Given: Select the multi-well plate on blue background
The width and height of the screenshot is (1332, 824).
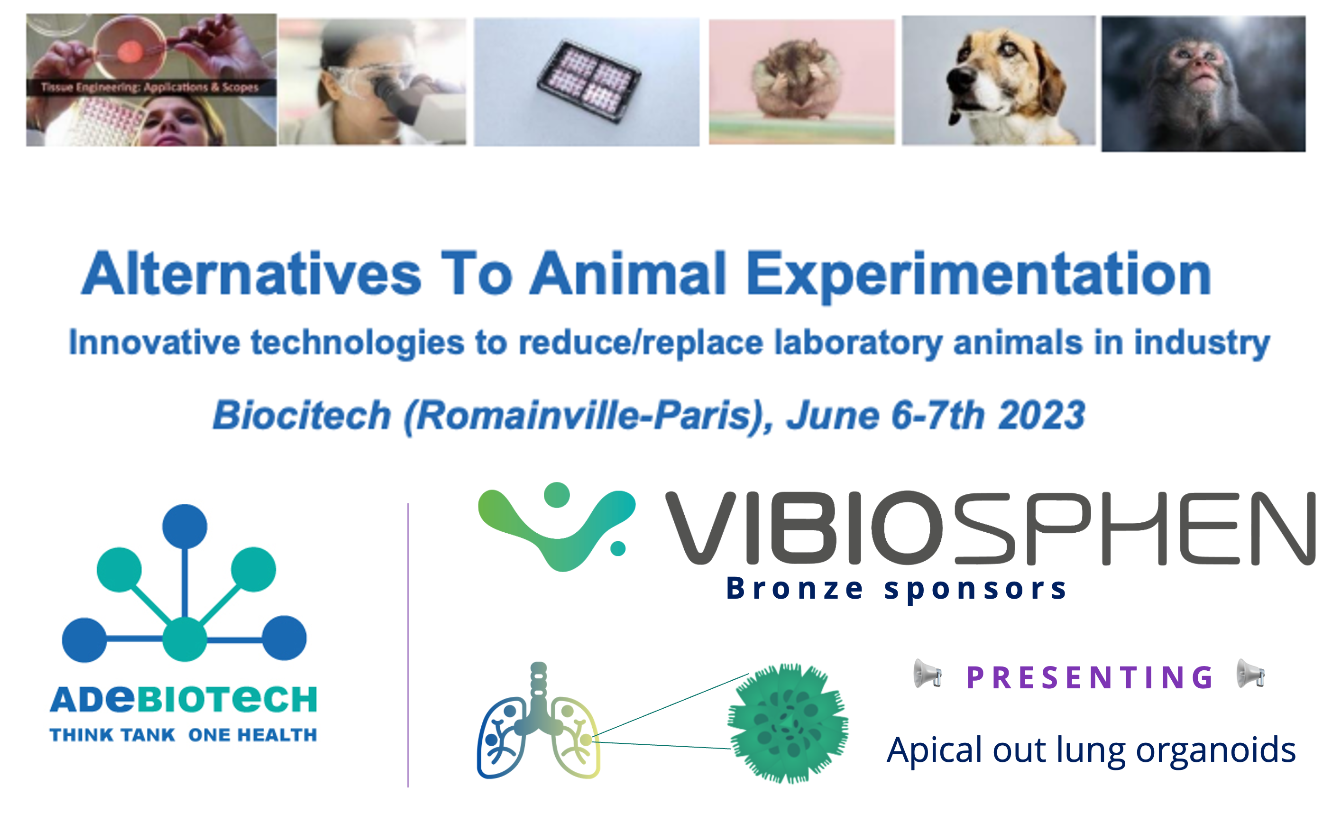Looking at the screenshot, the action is (x=588, y=81).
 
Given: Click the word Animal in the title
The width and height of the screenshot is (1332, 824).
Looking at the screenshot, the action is (x=628, y=274).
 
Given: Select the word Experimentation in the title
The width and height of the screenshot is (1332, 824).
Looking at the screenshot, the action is (x=978, y=276).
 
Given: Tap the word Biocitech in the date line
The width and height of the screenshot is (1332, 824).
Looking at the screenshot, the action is (x=302, y=415).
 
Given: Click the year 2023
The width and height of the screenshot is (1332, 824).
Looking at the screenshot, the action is (x=1042, y=415).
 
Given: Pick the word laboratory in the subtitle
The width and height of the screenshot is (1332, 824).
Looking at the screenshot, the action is (x=859, y=343).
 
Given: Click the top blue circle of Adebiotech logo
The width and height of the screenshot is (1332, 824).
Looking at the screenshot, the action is (x=184, y=527).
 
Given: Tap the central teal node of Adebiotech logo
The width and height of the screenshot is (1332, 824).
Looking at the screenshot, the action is (x=184, y=639).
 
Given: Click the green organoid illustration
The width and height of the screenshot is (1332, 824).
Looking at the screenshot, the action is (x=788, y=722).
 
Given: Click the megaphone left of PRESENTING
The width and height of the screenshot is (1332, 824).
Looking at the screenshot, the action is (x=927, y=674).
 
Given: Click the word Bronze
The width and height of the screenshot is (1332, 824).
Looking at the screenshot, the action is (x=795, y=589).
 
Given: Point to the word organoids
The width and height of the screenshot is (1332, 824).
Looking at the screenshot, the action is (x=1215, y=751).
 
